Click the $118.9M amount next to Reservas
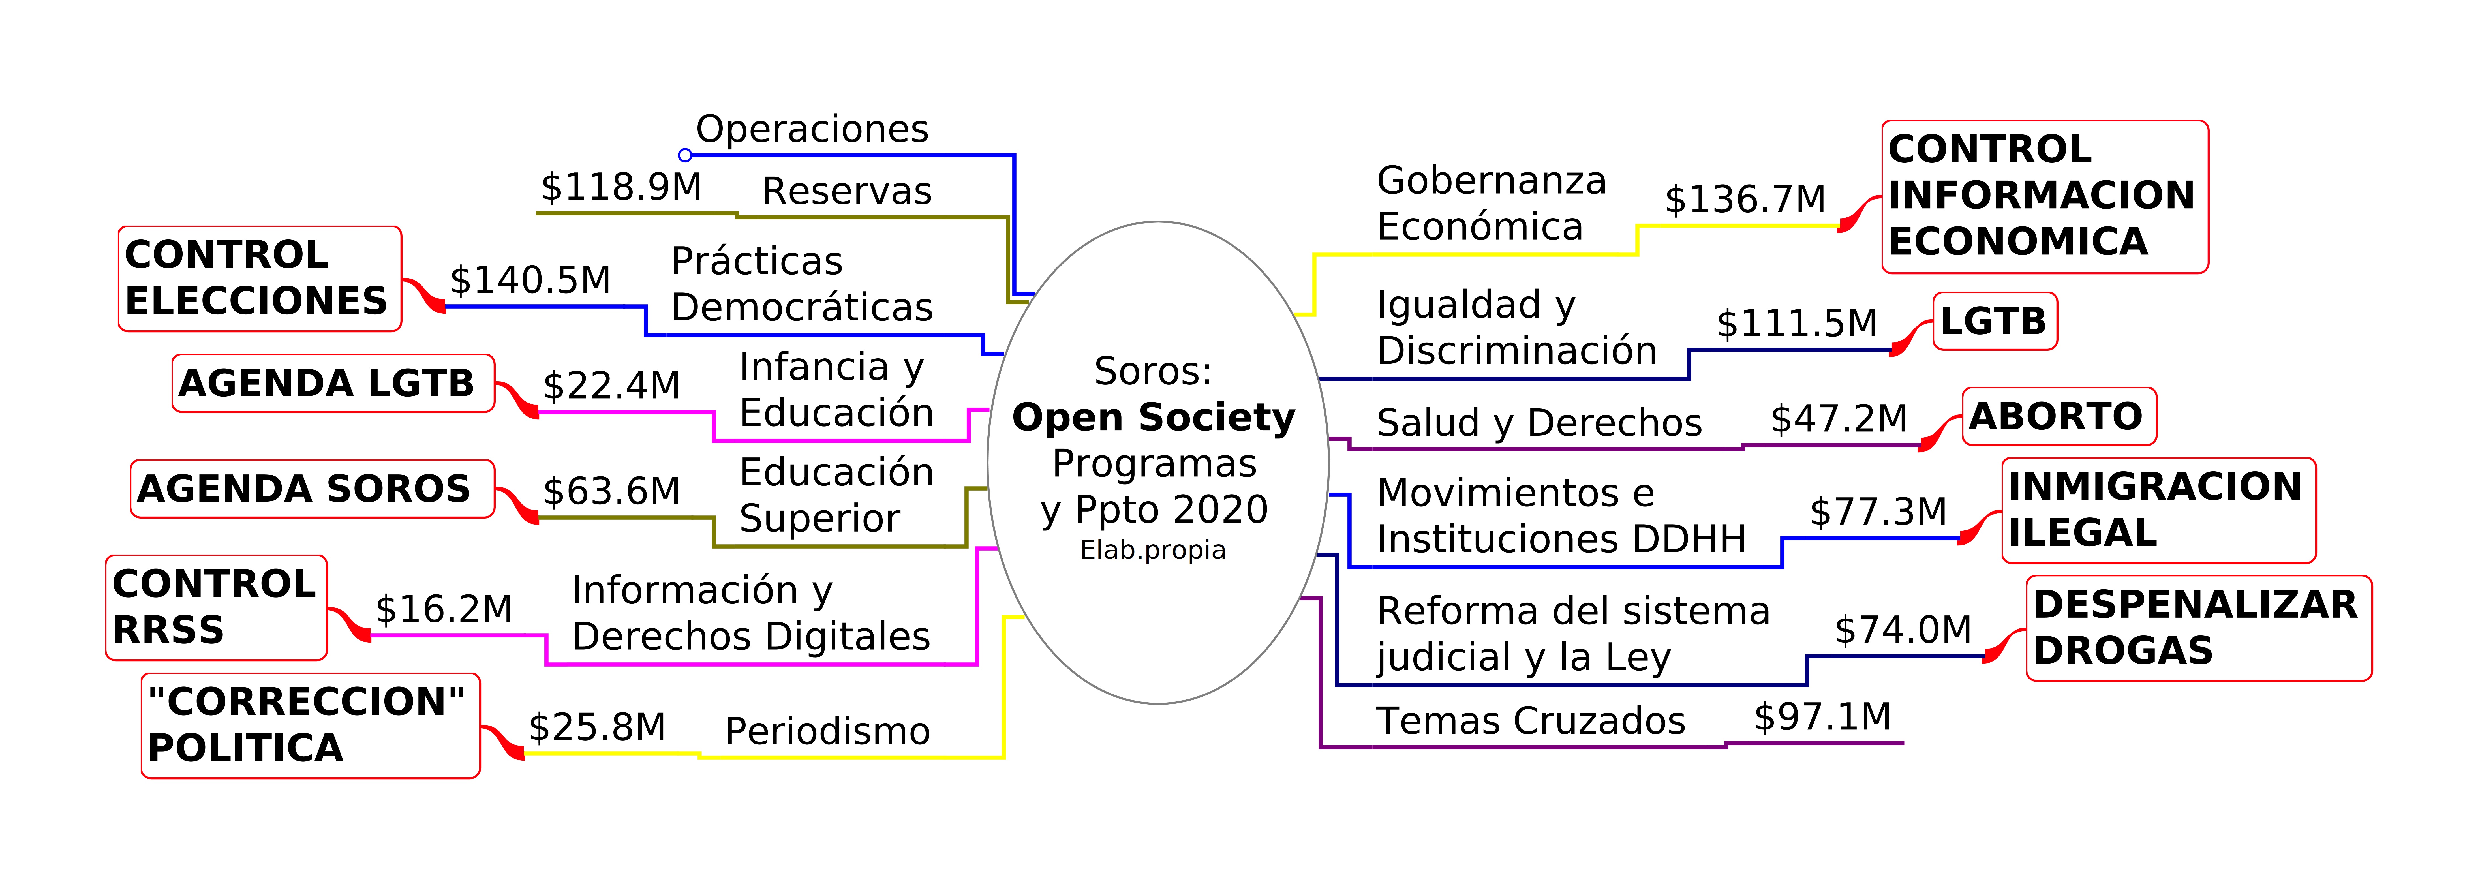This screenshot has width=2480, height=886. tap(621, 187)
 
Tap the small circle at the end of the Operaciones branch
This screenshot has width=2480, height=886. tap(684, 155)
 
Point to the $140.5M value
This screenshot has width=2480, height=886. tap(530, 280)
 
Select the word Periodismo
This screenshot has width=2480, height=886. tap(828, 731)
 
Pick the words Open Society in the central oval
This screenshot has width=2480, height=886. tap(1153, 417)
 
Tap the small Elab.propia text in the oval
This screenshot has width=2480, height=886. tap(1153, 550)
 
